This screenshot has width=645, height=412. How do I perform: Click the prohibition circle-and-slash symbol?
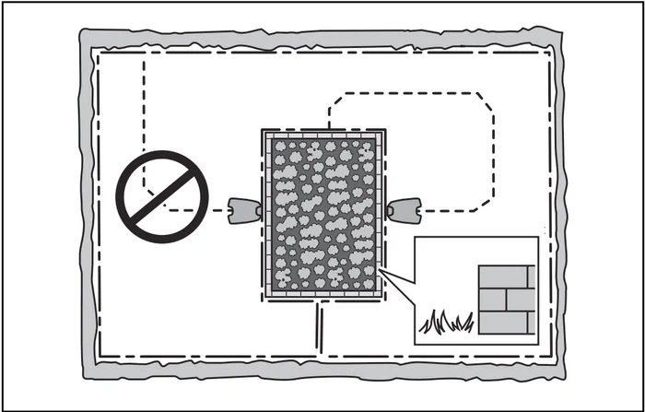tap(162, 197)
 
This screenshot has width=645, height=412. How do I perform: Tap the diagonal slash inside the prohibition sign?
tap(162, 197)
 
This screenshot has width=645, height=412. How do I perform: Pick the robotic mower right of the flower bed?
tap(404, 211)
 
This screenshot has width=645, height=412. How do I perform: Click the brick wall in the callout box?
tap(506, 300)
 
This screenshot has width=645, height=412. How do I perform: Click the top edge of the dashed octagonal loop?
tap(410, 93)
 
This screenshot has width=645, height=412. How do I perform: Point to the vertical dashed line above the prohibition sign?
tap(144, 101)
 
